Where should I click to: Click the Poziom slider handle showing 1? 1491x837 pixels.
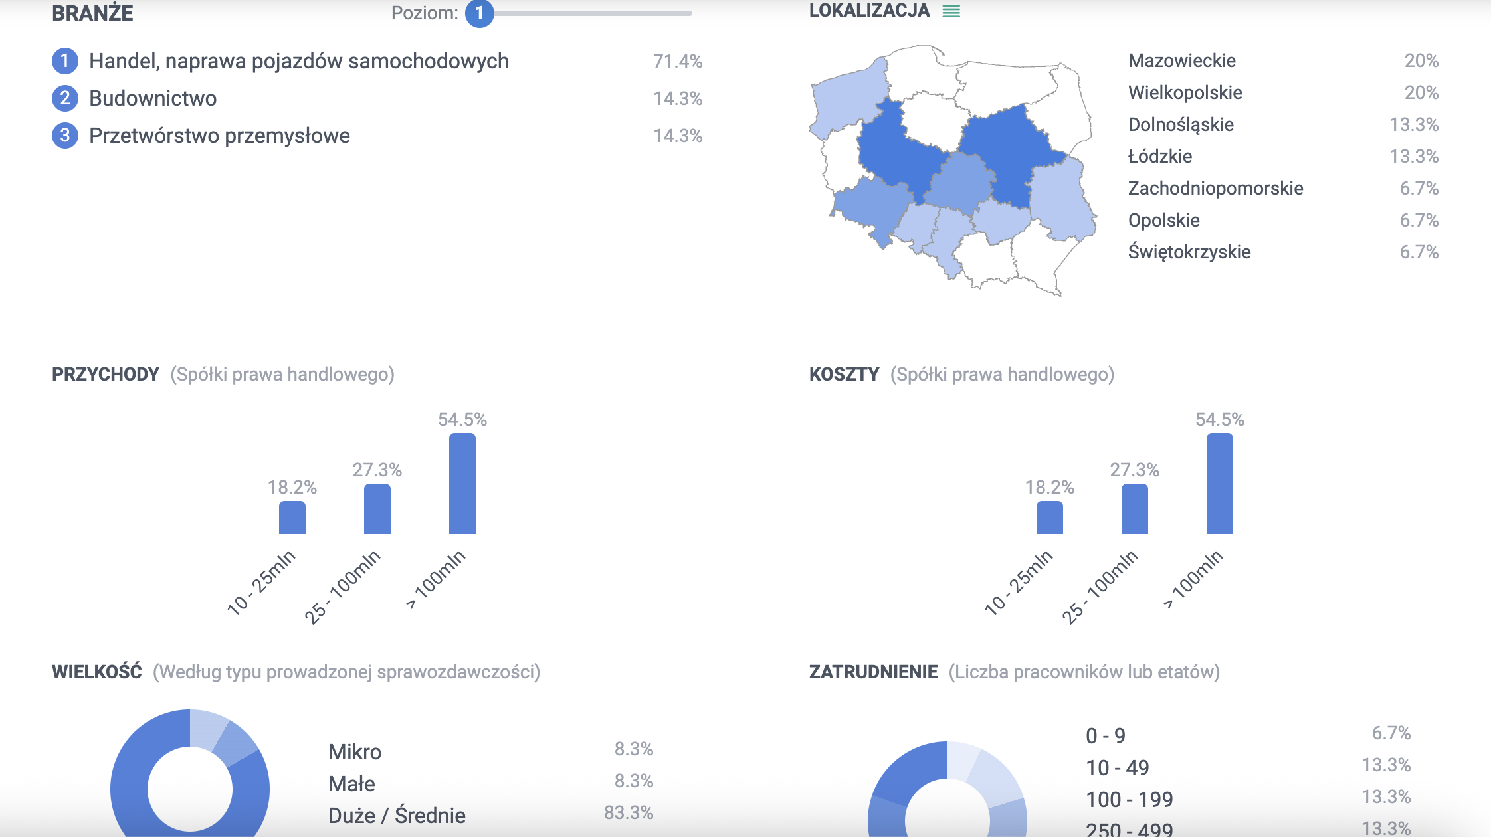[x=479, y=13]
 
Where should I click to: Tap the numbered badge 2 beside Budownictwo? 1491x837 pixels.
[x=65, y=98]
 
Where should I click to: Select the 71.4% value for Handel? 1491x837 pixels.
[x=677, y=61]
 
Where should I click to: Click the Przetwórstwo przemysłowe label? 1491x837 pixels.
[x=219, y=136]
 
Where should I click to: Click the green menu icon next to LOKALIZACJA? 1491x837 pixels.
[x=951, y=11]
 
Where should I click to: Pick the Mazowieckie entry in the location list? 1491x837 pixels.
[x=1181, y=61]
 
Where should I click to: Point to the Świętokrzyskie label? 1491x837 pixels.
[x=1189, y=252]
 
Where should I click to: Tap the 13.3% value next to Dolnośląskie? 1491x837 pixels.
[x=1413, y=125]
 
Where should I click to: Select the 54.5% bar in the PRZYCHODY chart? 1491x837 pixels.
[x=462, y=484]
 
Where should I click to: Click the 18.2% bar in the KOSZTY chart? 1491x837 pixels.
[x=1049, y=517]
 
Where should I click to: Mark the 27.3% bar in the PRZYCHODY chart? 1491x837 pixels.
[x=377, y=509]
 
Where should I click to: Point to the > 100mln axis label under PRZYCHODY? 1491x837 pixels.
[x=437, y=579]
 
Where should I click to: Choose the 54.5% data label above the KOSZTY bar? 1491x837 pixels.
[x=1219, y=420]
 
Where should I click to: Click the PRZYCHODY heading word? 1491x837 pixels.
[x=106, y=375]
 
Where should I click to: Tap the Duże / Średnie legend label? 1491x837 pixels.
[x=397, y=816]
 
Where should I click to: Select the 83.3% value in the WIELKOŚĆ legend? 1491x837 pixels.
[x=629, y=813]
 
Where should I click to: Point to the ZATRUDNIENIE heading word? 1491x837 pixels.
[x=873, y=672]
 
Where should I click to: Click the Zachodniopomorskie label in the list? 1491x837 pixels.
[x=1215, y=189]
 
